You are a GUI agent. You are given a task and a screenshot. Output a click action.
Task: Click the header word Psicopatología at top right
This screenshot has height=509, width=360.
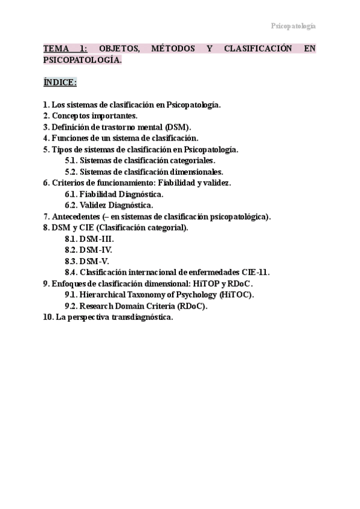pos(293,26)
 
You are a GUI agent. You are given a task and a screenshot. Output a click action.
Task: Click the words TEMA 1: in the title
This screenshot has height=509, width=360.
pos(66,49)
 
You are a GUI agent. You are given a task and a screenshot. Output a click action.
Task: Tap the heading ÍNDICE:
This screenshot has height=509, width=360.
pos(60,82)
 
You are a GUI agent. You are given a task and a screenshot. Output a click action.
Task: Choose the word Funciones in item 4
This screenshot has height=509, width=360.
pos(73,138)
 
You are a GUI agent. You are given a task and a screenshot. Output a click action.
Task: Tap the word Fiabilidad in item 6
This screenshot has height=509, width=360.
pos(178,182)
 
